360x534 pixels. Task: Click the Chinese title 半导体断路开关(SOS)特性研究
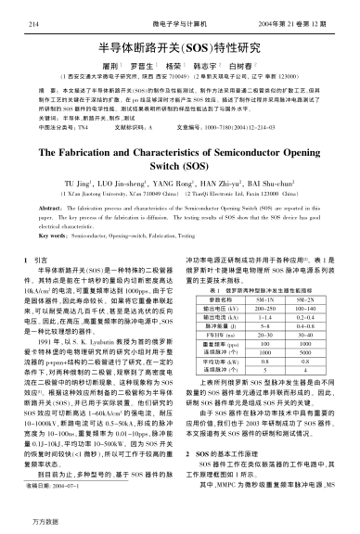[178, 44]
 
